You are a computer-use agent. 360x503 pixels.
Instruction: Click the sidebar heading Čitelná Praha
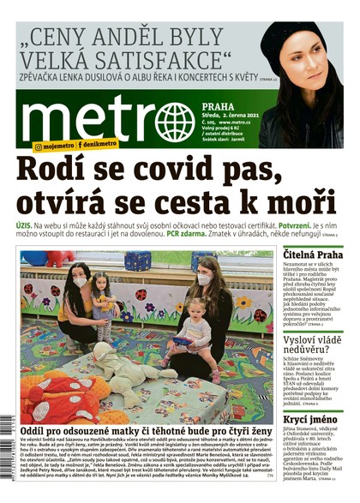click(x=314, y=255)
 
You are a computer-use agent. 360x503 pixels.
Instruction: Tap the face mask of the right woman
click(x=206, y=280)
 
